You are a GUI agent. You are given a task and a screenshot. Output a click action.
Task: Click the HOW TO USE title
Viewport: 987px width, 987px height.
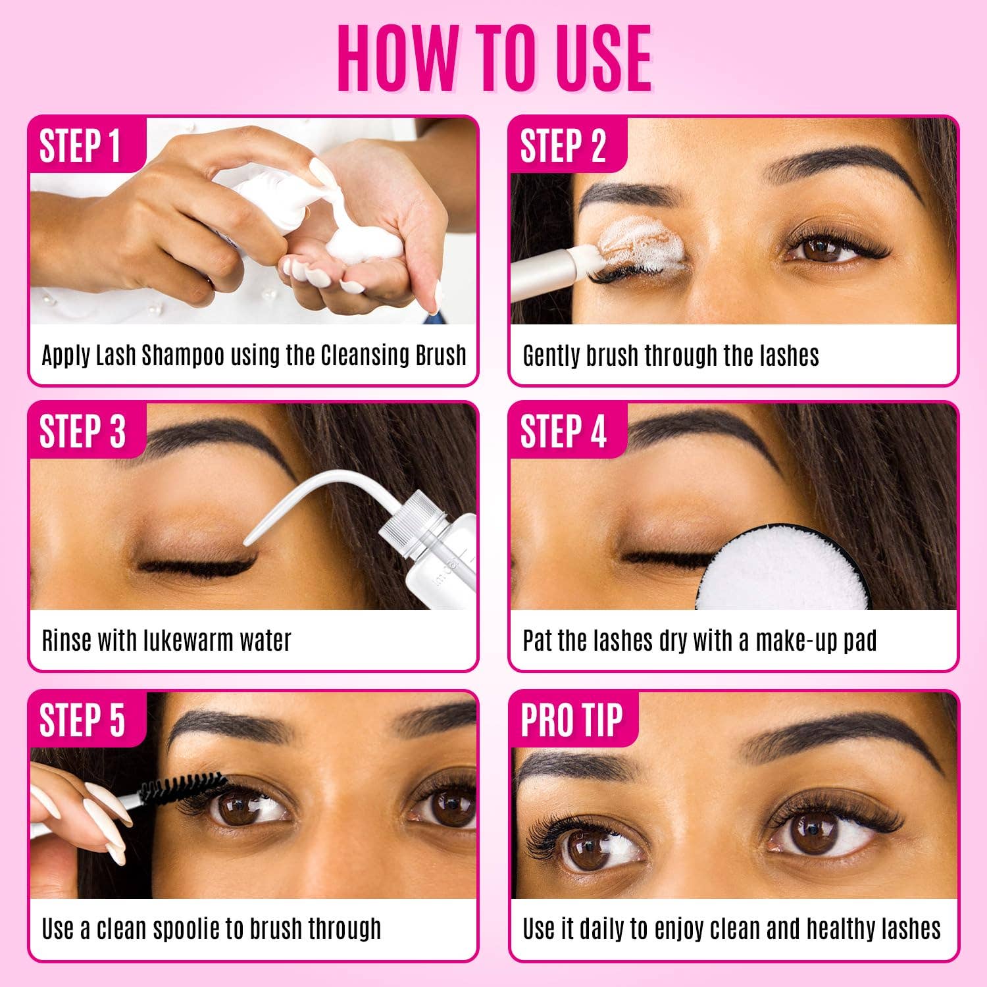tap(494, 59)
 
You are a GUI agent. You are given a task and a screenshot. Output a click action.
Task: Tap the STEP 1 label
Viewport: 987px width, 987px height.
tap(80, 146)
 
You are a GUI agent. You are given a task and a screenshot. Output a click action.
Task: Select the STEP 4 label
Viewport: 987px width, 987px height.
tap(563, 432)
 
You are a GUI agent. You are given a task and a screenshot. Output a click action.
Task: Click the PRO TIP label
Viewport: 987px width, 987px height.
tap(571, 720)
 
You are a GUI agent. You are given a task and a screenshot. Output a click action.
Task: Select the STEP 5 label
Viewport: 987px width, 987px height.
tap(82, 720)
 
